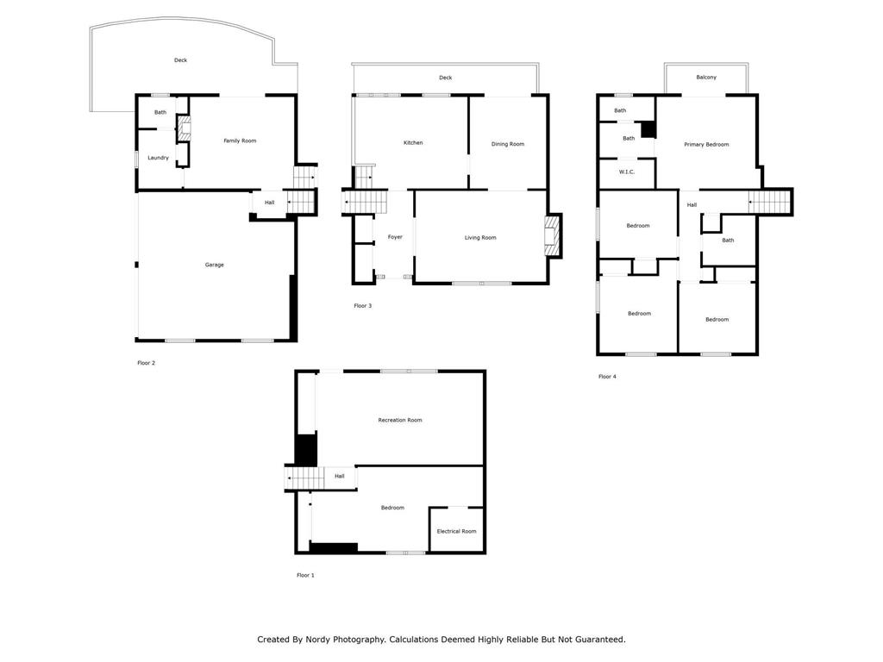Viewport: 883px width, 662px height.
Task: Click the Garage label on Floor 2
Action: (x=215, y=265)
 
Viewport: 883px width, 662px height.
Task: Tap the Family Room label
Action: (x=240, y=141)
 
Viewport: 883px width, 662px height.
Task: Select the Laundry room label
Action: (x=159, y=158)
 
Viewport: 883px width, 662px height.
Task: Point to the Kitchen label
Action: (x=413, y=143)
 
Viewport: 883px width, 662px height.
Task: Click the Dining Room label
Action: (x=508, y=144)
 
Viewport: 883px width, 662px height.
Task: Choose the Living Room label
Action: (x=480, y=238)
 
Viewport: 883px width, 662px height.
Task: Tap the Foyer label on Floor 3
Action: (x=395, y=237)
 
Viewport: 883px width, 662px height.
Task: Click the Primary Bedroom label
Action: (x=706, y=145)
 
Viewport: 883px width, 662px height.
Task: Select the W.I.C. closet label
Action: (x=627, y=172)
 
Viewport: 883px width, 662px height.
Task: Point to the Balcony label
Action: (x=706, y=77)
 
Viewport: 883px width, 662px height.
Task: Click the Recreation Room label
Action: (x=400, y=420)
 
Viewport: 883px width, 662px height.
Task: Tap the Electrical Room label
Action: (x=457, y=531)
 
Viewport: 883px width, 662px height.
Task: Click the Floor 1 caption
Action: (x=306, y=575)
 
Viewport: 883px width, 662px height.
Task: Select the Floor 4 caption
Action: (x=608, y=377)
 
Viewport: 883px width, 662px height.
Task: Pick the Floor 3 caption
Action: (x=363, y=306)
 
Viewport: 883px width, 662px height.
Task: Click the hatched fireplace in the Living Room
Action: (x=550, y=236)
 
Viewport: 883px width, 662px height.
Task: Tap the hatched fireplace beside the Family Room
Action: (x=185, y=128)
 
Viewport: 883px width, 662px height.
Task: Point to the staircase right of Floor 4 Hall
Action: (x=769, y=202)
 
